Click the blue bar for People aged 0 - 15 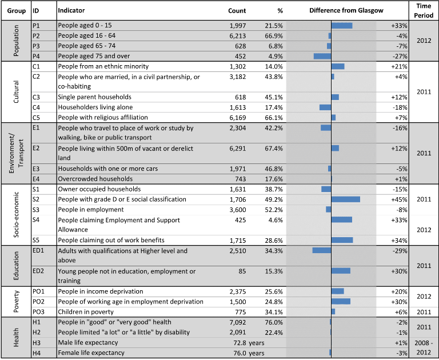coord(342,26)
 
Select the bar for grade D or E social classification coord(345,199)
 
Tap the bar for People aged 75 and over coord(322,56)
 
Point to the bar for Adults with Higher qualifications coord(322,250)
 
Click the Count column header coord(237,11)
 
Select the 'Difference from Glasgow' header coord(346,11)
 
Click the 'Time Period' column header coord(424,11)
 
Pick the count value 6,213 coord(238,36)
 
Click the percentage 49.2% coord(274,199)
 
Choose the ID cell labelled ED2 coord(38,271)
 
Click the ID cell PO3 coord(38,312)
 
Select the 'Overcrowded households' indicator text coord(95,179)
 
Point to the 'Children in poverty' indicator coord(86,312)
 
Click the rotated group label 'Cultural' coord(16,92)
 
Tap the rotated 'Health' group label coord(16,338)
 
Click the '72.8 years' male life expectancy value coord(249,343)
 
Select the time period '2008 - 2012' coord(424,347)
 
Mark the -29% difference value coord(400,251)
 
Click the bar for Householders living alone coord(325,107)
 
